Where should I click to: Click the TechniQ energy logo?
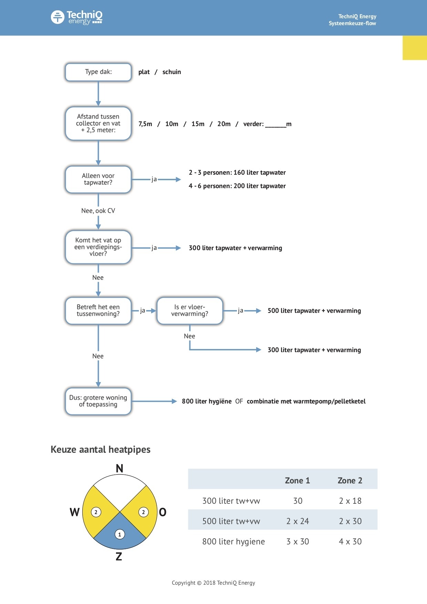coord(76,17)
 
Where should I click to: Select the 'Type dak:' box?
coord(98,72)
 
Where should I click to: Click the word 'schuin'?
coord(171,72)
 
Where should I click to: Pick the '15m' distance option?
coord(198,124)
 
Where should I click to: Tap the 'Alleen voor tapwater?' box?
coord(98,179)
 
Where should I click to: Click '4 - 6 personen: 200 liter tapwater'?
coord(237,186)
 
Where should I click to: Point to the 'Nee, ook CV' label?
coord(98,211)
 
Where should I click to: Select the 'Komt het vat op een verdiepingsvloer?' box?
coord(98,247)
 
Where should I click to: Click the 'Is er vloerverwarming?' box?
coord(190,311)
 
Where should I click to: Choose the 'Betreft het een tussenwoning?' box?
coord(98,311)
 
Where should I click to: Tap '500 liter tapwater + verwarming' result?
coord(314,311)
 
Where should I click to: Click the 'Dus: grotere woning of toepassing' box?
coord(98,401)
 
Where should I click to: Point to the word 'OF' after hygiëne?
coord(239,401)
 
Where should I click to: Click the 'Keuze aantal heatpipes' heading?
coord(101,450)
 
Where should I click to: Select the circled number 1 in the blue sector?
coord(119,534)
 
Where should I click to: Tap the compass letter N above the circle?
coord(119,469)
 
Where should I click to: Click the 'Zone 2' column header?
coord(350,481)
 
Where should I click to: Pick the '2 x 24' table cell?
coord(298,521)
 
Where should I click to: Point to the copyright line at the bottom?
coord(213,583)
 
